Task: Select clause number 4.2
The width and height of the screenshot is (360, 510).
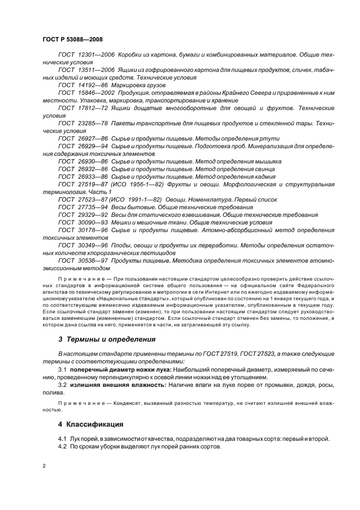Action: (x=63, y=446)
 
